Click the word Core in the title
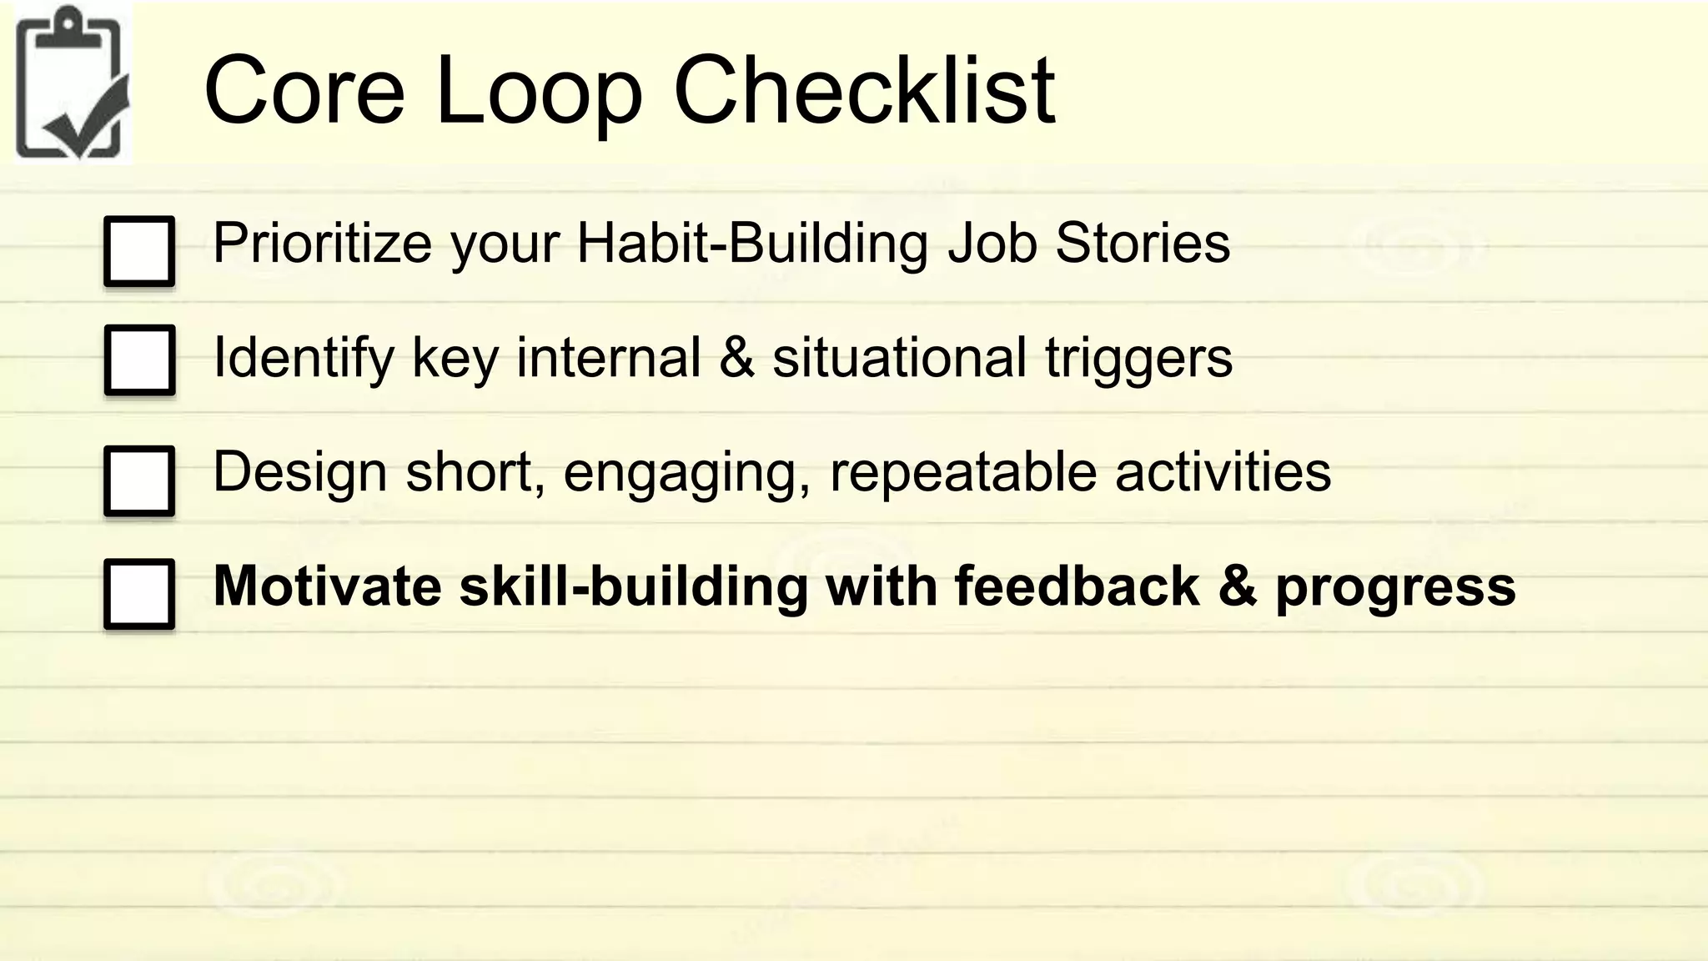coord(304,90)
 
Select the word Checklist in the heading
coord(864,90)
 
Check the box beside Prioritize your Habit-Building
coord(139,251)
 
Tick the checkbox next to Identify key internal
coord(139,360)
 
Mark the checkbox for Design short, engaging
coord(139,480)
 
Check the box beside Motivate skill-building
coord(139,594)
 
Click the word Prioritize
coord(321,244)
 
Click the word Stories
coord(1142,244)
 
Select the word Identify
coord(304,359)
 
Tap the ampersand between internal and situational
coord(736,359)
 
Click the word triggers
coord(1138,359)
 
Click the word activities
coord(1223,472)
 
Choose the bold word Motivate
coord(328,586)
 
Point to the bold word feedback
coord(1077,586)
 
